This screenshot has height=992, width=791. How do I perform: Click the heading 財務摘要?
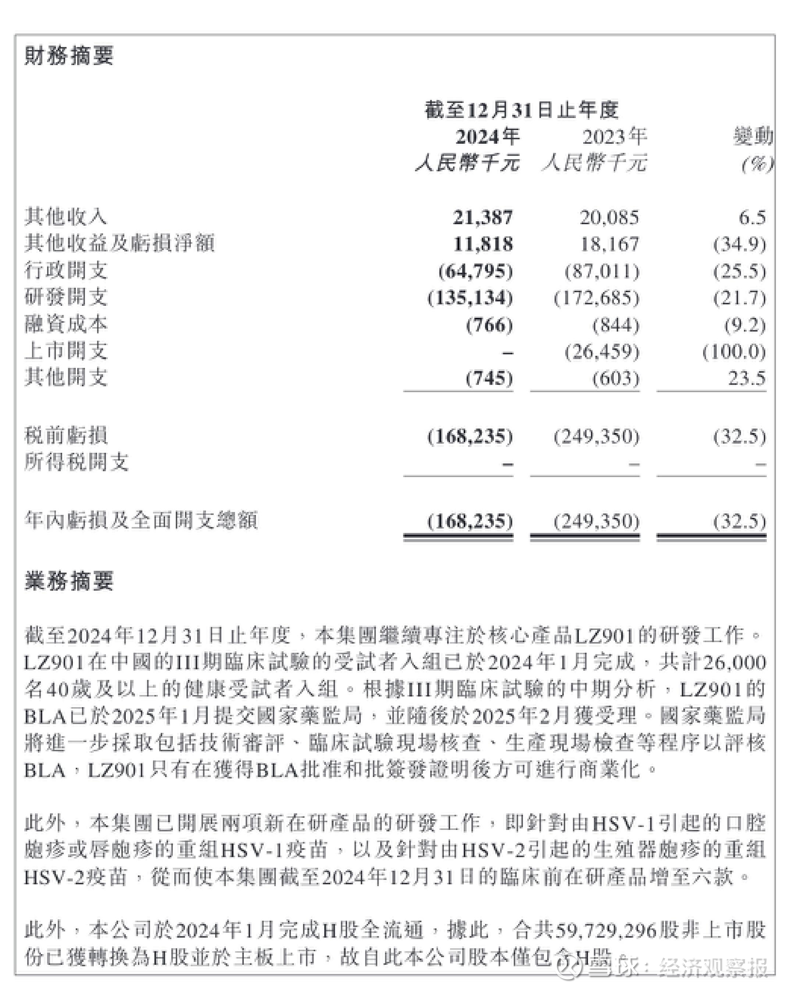click(69, 55)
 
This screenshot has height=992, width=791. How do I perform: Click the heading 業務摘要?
click(69, 581)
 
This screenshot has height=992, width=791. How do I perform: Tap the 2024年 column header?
click(487, 137)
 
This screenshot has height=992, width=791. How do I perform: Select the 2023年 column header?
click(614, 137)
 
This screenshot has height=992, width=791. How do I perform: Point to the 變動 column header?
click(753, 137)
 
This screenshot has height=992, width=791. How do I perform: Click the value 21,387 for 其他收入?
click(482, 217)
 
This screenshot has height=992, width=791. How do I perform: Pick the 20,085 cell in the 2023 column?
click(609, 217)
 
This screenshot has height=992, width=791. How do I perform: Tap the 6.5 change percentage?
click(752, 217)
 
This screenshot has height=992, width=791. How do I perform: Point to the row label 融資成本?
click(66, 325)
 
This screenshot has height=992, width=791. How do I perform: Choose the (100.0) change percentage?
click(734, 352)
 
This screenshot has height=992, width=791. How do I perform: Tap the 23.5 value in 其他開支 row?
click(747, 378)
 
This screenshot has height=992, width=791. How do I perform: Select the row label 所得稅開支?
click(76, 462)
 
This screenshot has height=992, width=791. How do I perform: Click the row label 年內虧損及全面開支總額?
click(141, 520)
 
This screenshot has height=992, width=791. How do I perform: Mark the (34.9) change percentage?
click(740, 244)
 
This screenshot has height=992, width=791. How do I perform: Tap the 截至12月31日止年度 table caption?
click(521, 110)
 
